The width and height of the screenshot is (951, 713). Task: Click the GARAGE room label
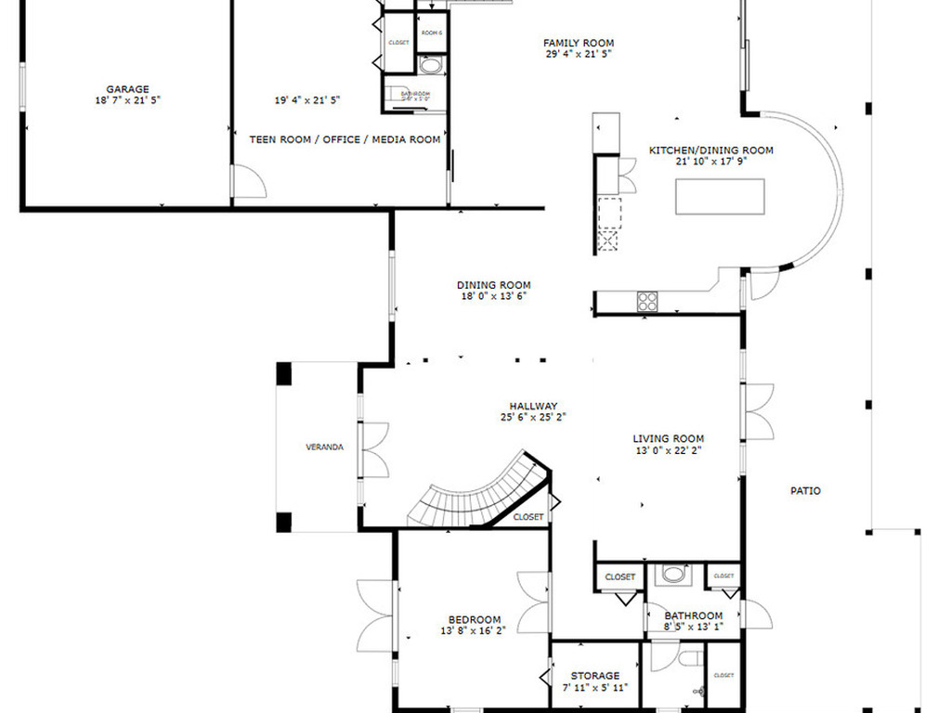coord(127,89)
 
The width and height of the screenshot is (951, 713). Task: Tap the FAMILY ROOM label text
coord(579,43)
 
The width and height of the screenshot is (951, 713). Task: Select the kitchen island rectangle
coord(721,197)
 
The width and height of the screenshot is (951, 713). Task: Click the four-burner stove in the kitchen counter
coord(647,301)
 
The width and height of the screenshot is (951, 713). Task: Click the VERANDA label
coord(325,447)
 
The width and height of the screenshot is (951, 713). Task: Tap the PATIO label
coord(805,491)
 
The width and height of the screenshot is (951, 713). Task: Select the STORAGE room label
coord(595,676)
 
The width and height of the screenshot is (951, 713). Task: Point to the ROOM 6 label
coord(432,33)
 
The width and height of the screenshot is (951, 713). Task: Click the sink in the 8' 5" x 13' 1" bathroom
coord(673,574)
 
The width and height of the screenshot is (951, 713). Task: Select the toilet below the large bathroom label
coord(688,658)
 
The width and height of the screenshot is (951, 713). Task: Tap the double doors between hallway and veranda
coord(374,450)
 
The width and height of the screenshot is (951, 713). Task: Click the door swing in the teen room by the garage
coord(248,182)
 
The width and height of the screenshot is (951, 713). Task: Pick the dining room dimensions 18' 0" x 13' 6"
coord(493,297)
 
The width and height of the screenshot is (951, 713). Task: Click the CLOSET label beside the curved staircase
coord(528,517)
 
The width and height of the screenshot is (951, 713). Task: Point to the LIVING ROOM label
coord(668,438)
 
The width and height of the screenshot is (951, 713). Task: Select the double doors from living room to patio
coord(758,411)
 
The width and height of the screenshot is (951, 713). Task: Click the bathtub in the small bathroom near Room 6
coord(431,66)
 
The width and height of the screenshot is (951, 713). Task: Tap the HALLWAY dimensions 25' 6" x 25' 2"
coord(533,418)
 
